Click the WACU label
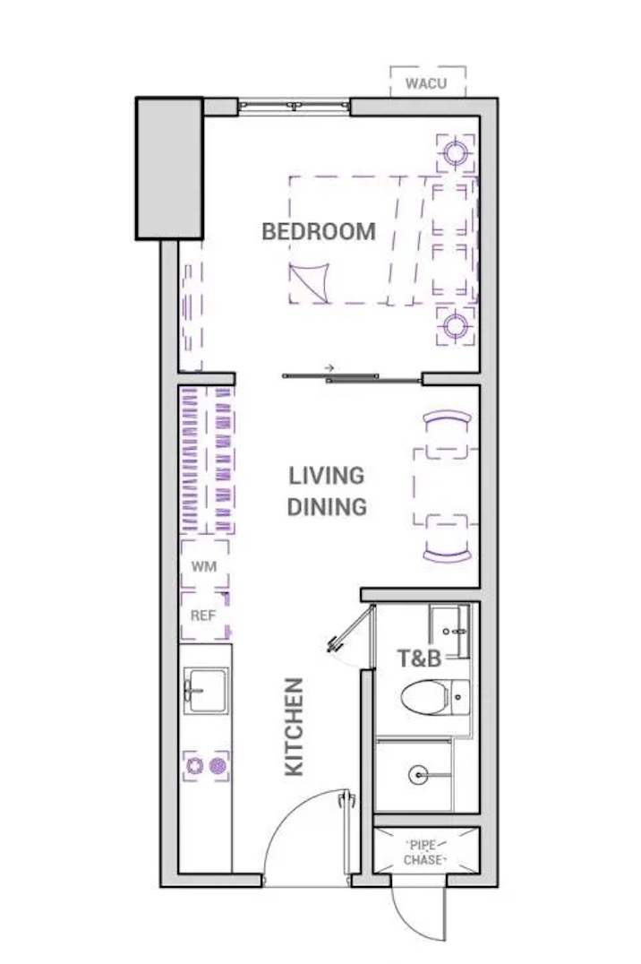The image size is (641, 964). click(426, 83)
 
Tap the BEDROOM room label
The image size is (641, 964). click(319, 232)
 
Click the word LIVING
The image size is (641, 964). click(327, 475)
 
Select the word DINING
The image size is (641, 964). click(327, 506)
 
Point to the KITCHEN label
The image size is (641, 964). click(295, 727)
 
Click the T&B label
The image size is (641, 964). click(420, 658)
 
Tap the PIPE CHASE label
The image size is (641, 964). click(423, 853)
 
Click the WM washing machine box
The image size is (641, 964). click(205, 565)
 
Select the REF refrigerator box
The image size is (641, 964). click(205, 615)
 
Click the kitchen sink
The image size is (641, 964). click(206, 691)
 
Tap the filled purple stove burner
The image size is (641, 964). click(217, 766)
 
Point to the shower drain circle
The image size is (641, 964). click(418, 775)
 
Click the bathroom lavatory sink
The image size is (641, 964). click(450, 631)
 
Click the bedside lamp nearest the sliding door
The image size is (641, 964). click(456, 325)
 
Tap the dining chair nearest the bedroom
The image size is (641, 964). click(448, 418)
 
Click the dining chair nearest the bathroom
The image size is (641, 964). click(448, 554)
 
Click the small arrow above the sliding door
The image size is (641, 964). click(329, 367)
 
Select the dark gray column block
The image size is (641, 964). click(169, 168)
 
